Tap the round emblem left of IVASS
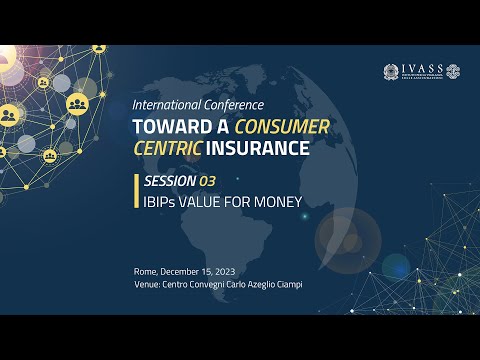390,72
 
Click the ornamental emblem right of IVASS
453,72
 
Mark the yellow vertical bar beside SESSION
136,190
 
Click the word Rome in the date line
146,272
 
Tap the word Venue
148,285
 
